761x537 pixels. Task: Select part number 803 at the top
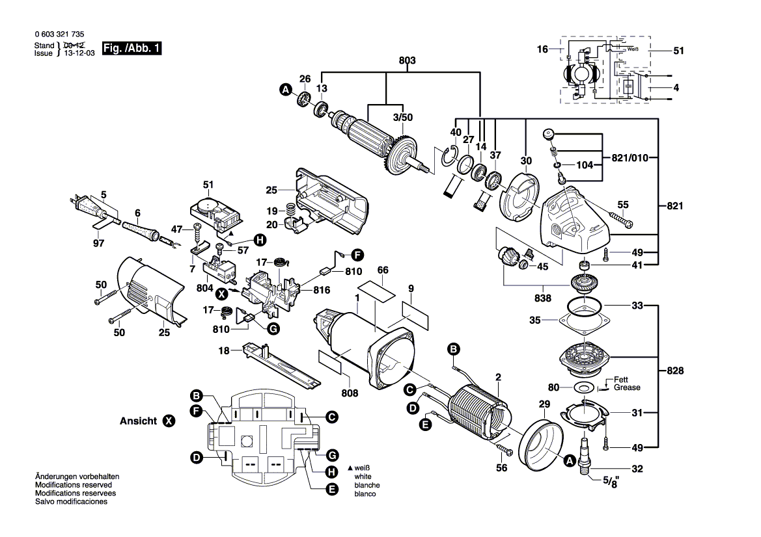point(407,60)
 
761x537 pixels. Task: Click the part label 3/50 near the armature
point(402,117)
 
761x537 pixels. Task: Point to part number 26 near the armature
point(304,79)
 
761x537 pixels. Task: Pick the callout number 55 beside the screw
point(623,205)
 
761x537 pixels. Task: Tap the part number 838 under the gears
point(542,298)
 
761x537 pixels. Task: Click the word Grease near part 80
point(627,387)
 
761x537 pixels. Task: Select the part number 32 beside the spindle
point(637,468)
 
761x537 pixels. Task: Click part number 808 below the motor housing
point(350,393)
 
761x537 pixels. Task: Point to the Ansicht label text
point(138,421)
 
